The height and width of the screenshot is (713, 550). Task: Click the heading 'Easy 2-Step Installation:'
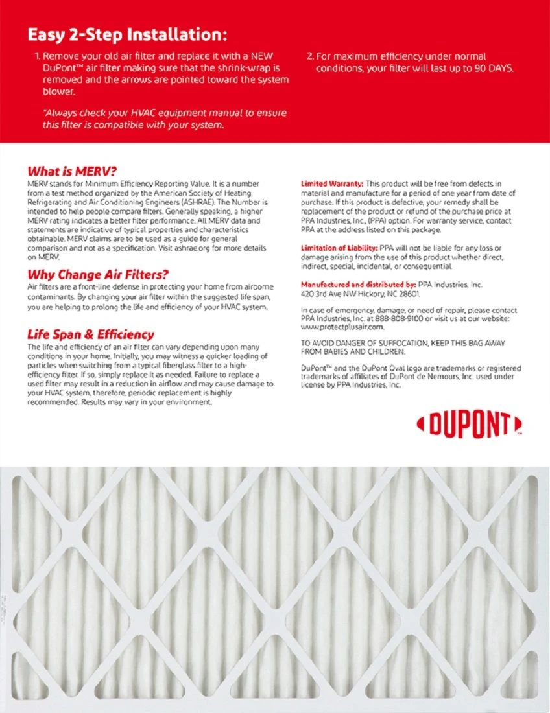tap(127, 34)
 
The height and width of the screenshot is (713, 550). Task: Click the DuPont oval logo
tap(469, 425)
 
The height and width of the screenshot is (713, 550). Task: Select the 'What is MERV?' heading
tap(71, 172)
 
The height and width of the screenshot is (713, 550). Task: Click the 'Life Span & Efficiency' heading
tap(90, 334)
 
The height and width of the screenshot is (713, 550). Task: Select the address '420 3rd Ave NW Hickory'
tap(348, 294)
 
